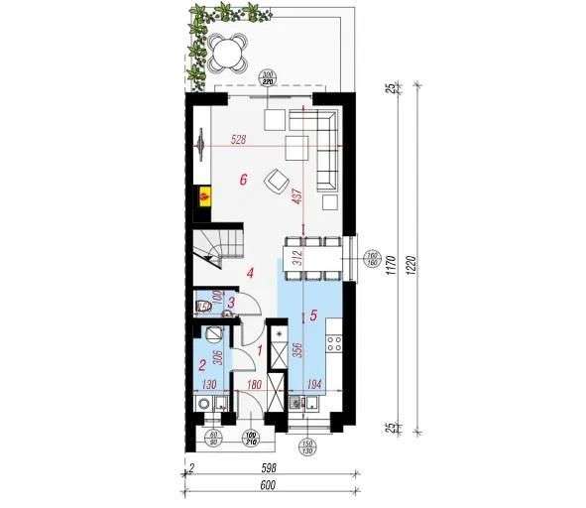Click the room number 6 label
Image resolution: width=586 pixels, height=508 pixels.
[x=243, y=180]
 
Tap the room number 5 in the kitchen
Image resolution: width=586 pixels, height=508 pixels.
[x=313, y=317]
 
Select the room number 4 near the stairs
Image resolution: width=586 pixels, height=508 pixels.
[x=251, y=271]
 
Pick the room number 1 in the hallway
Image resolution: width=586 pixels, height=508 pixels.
[x=260, y=349]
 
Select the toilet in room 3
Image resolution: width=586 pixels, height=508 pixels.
[x=204, y=306]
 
